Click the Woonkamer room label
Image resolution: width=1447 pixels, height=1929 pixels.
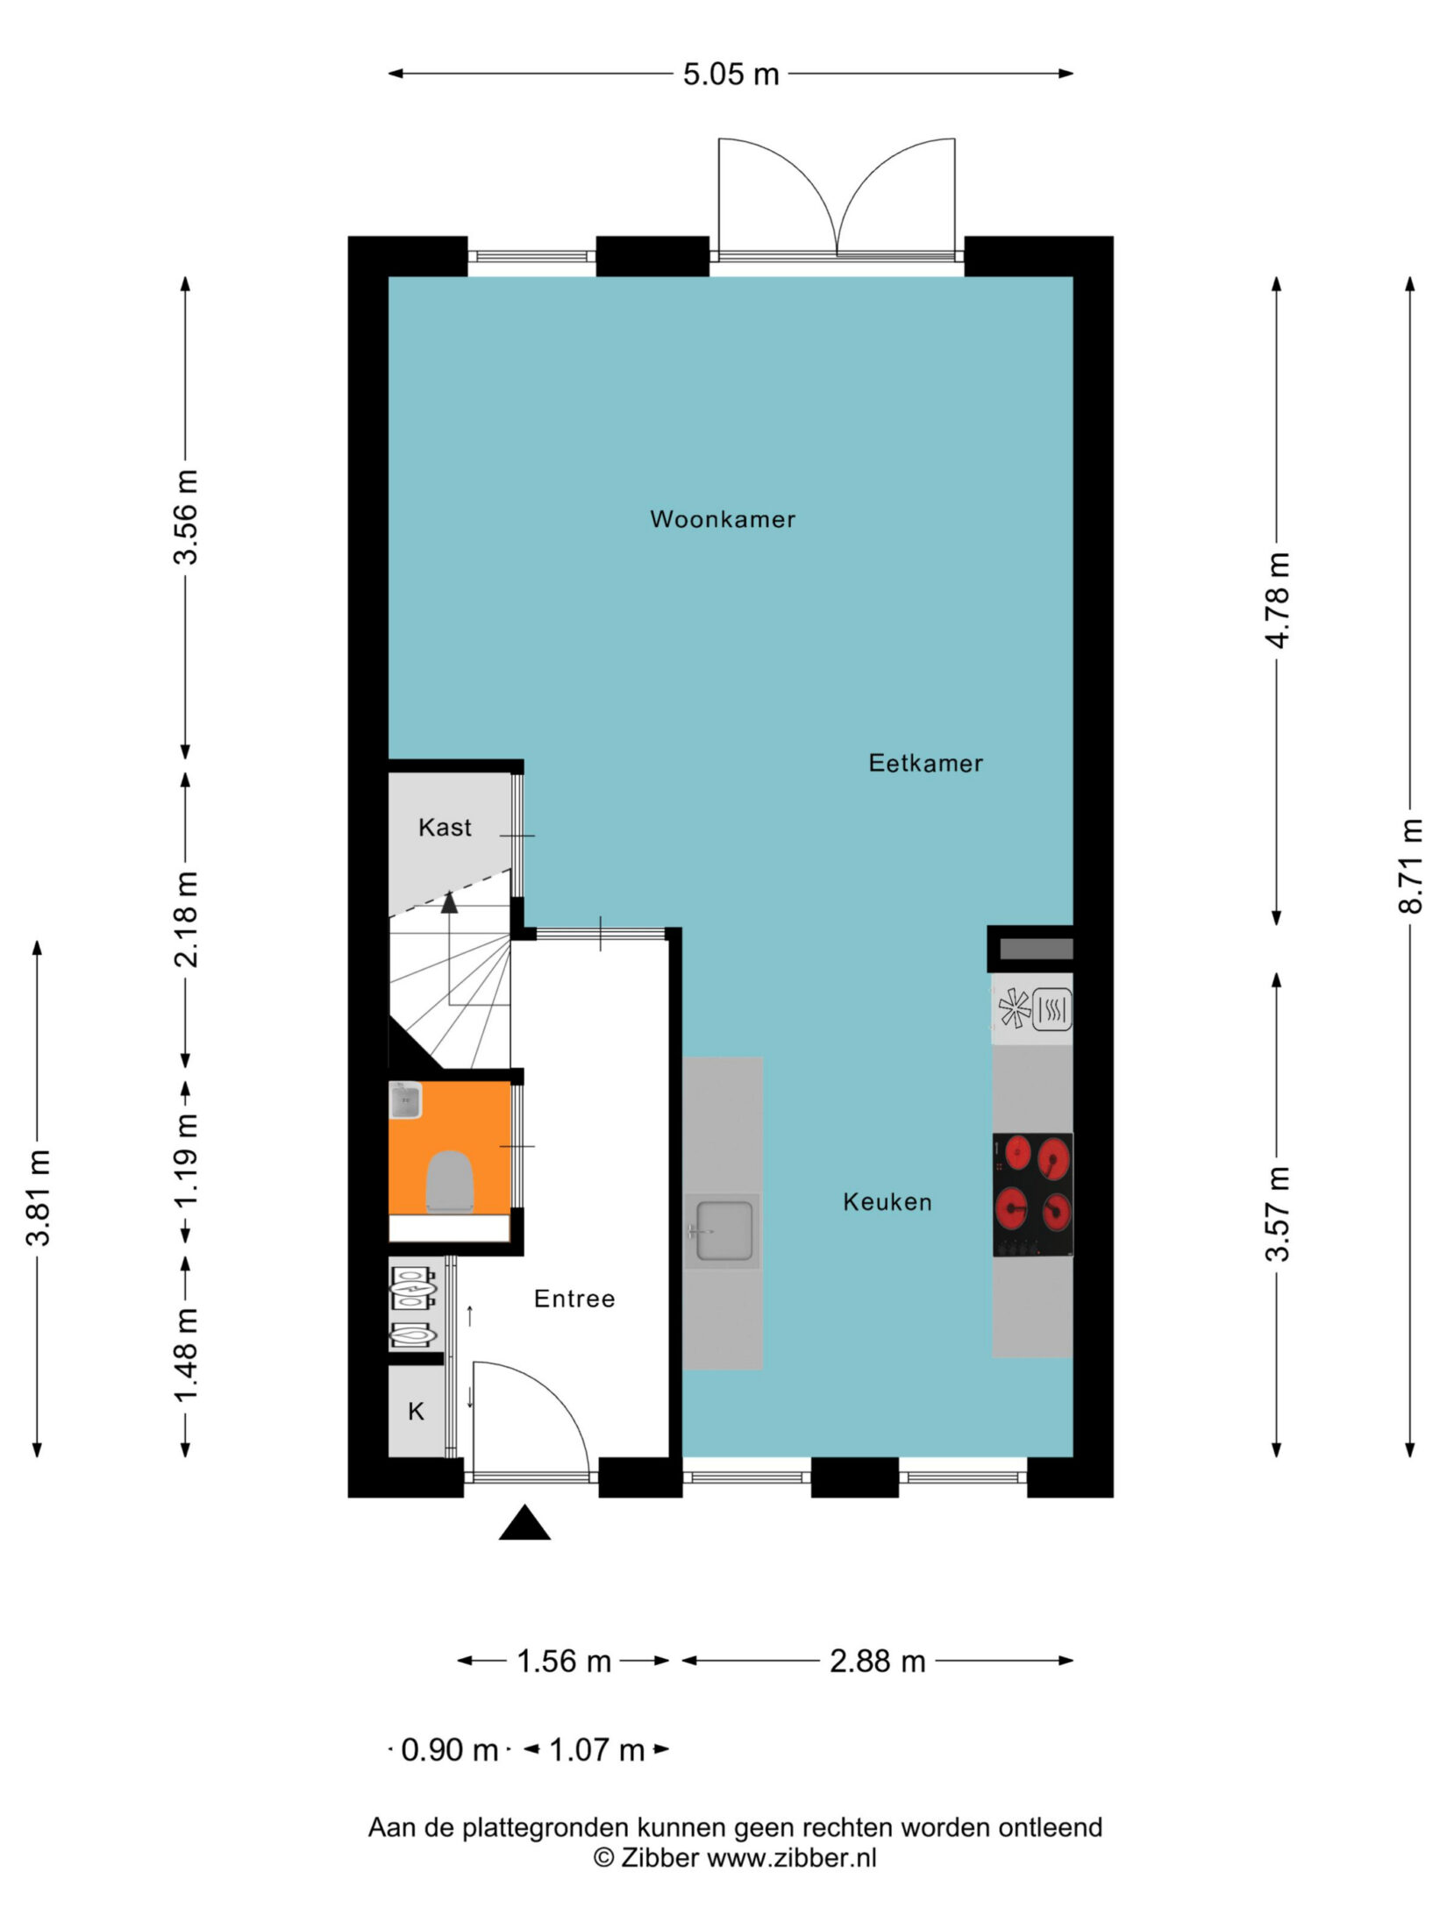click(x=723, y=519)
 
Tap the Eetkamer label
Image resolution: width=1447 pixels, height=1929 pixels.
click(x=925, y=763)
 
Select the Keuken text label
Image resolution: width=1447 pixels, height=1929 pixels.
click(x=887, y=1202)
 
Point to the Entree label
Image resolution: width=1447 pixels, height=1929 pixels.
click(x=574, y=1299)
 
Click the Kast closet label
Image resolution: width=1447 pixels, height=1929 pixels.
click(x=445, y=827)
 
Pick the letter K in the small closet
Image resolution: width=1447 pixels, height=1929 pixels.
click(x=417, y=1412)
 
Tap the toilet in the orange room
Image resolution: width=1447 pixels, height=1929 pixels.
click(x=450, y=1181)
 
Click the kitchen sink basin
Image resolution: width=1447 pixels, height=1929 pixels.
click(x=723, y=1231)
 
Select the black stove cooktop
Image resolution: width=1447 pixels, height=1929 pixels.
click(x=1032, y=1195)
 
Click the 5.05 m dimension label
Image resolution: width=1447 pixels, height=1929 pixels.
click(x=731, y=75)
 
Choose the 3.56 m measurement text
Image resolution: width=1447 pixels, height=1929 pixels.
click(x=185, y=517)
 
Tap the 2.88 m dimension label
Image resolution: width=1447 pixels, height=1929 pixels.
click(x=878, y=1661)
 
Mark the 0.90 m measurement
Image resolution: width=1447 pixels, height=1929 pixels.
click(x=449, y=1750)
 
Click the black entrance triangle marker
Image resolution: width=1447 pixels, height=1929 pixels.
click(x=524, y=1522)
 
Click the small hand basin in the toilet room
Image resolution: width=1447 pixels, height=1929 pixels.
click(x=405, y=1100)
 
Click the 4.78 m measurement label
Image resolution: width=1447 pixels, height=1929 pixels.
click(x=1278, y=601)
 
